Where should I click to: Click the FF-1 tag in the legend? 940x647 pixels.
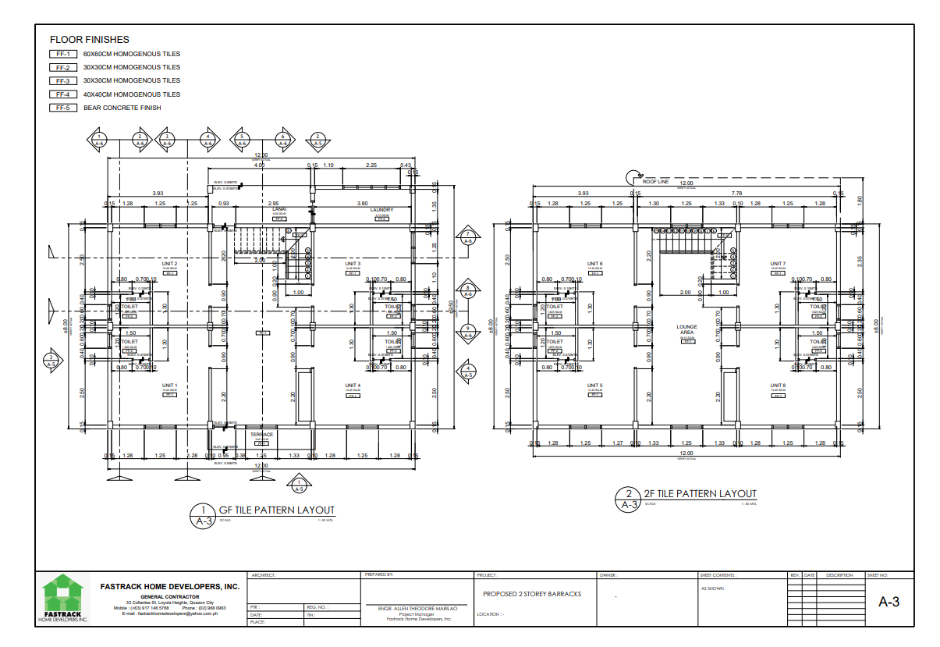[x=63, y=54]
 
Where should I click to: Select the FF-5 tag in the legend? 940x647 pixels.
[x=63, y=108]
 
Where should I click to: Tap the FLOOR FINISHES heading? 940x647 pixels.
[x=90, y=39]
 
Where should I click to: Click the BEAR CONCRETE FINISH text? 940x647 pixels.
[x=122, y=108]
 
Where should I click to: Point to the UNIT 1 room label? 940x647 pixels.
[x=170, y=386]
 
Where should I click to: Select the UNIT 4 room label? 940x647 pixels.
[x=353, y=386]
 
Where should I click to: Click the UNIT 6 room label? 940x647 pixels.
[x=595, y=264]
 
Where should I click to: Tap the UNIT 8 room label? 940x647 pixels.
[x=778, y=386]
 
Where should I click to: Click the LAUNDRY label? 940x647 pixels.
[x=381, y=210]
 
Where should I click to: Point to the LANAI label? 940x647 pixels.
[x=279, y=210]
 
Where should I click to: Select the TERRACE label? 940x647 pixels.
[x=261, y=435]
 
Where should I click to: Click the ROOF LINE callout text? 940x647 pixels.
[x=656, y=182]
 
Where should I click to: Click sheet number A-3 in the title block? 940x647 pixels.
[x=889, y=602]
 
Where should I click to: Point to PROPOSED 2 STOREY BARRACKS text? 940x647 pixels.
[x=532, y=594]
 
